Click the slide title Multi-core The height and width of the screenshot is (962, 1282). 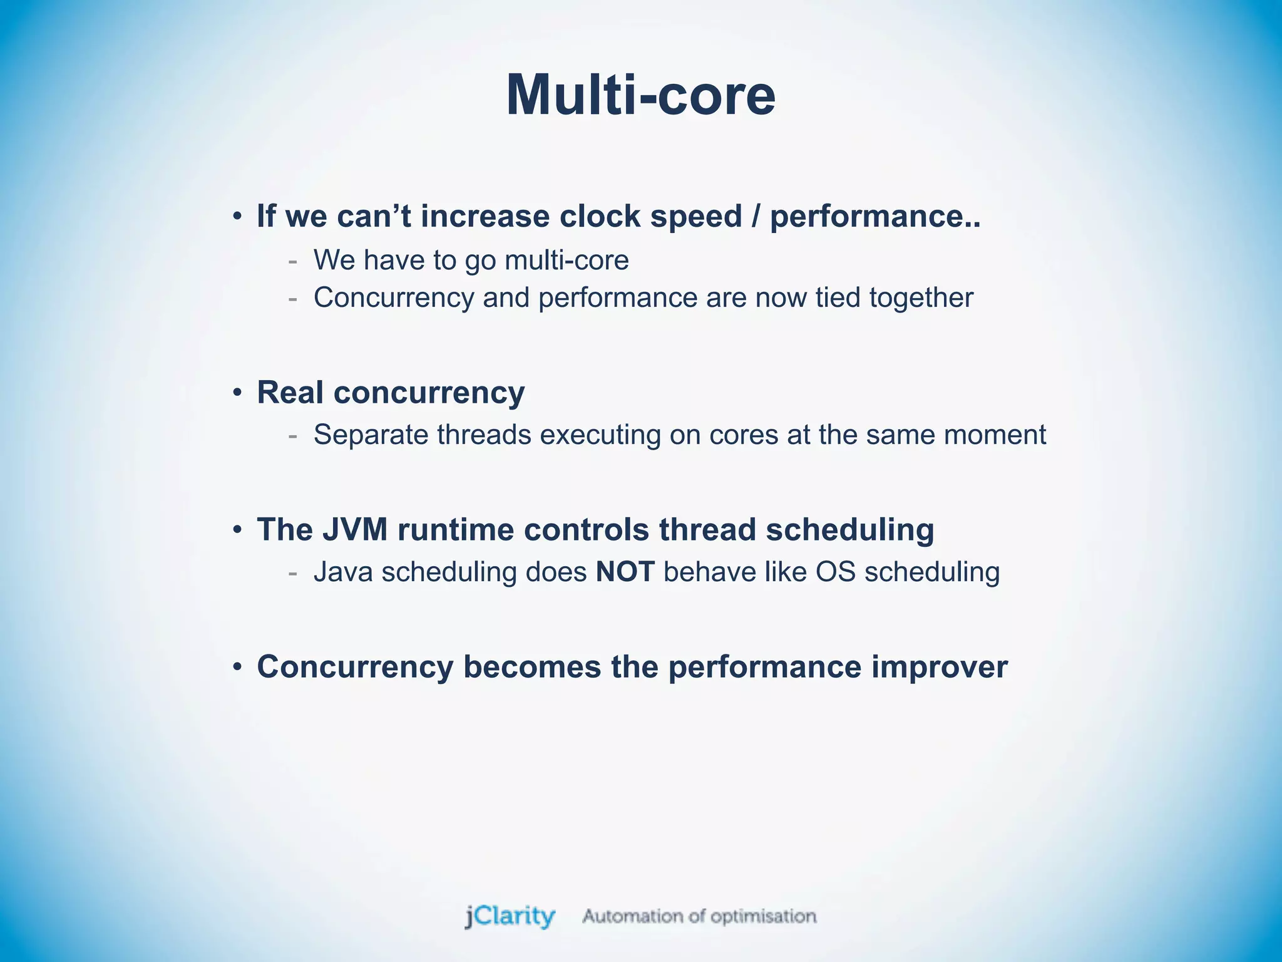[640, 95]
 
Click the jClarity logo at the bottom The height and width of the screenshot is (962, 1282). [510, 916]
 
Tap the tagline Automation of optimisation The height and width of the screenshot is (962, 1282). [699, 916]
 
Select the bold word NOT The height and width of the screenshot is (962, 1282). [625, 572]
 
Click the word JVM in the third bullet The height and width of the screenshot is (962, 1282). [355, 530]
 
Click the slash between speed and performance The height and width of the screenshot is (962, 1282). [756, 217]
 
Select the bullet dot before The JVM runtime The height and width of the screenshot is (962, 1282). [237, 530]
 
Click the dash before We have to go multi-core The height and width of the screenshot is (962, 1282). [292, 261]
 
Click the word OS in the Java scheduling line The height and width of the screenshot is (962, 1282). [835, 572]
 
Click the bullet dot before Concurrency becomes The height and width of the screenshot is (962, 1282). [237, 668]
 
